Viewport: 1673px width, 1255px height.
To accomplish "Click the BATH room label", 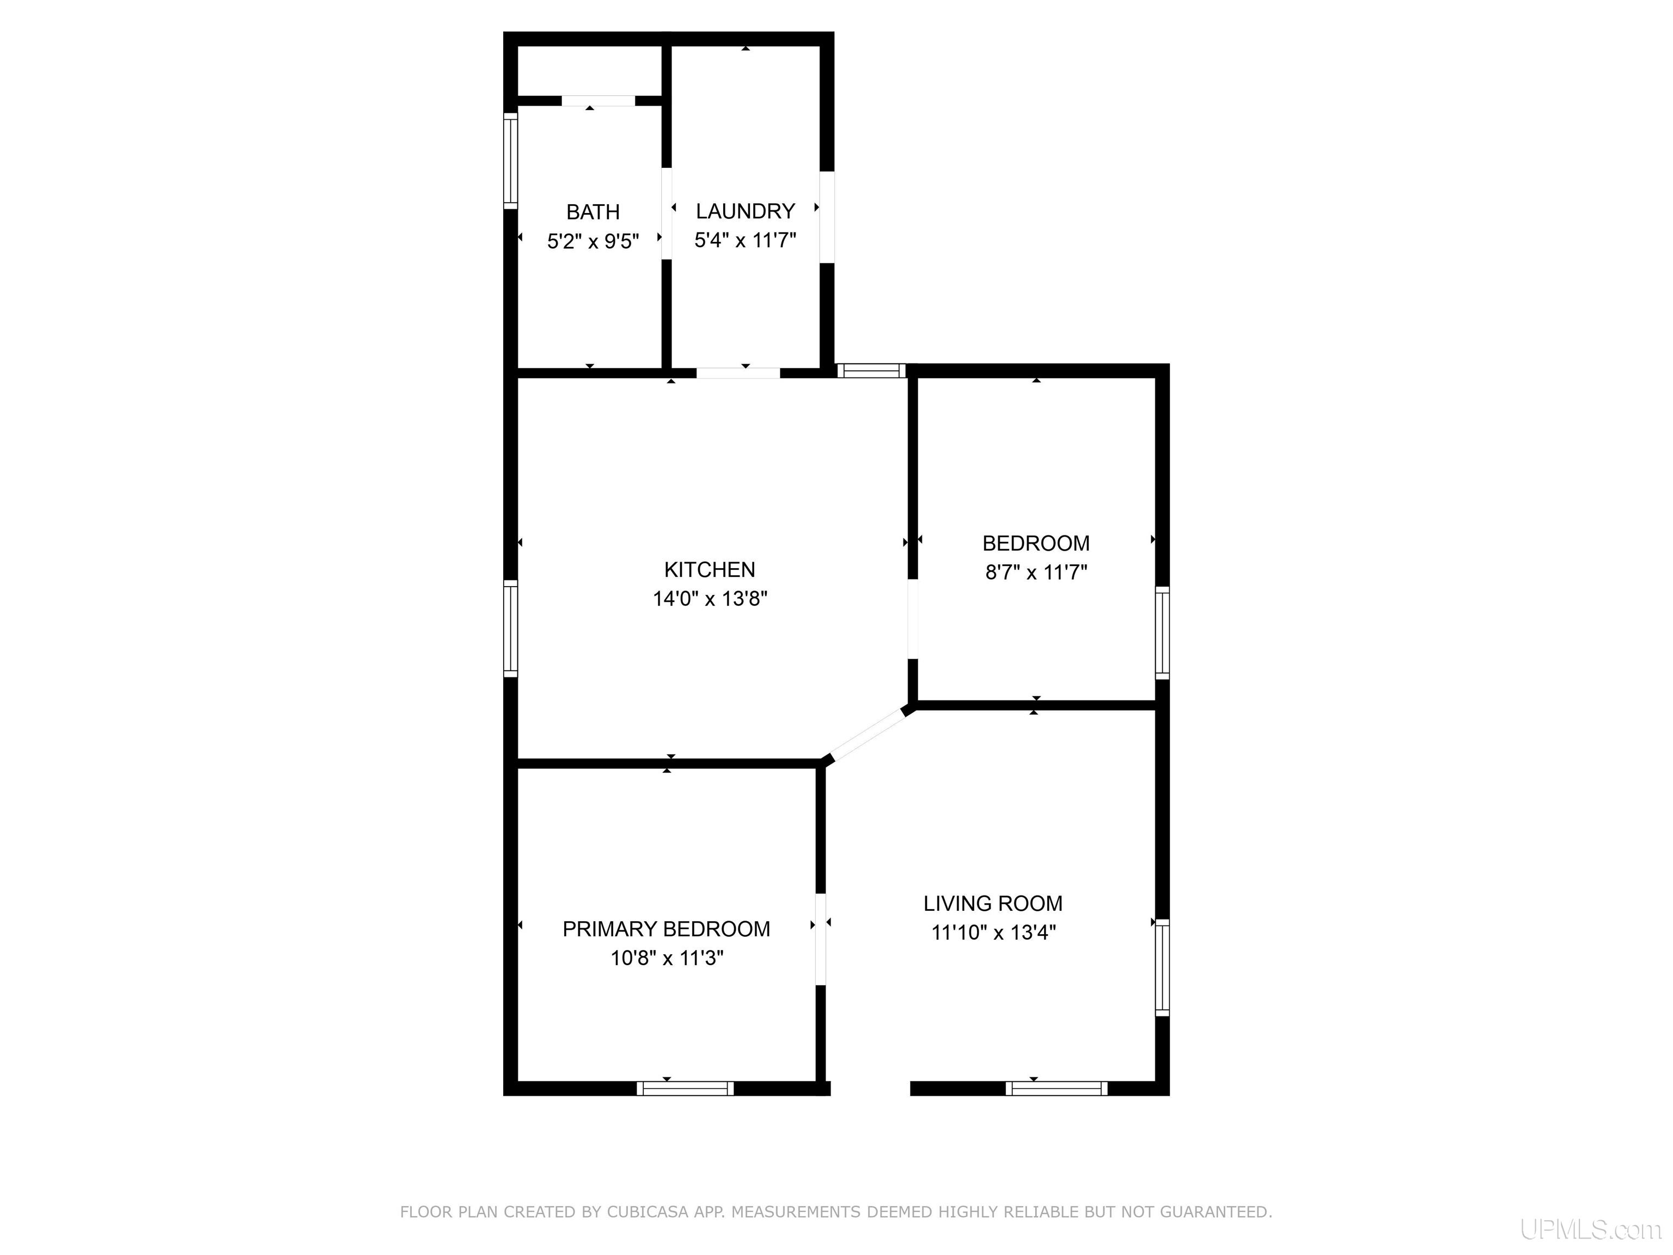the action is coord(593,212).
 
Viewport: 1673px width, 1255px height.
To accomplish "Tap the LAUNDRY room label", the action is coord(745,211).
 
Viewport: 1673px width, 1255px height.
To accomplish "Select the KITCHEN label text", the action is coord(710,570).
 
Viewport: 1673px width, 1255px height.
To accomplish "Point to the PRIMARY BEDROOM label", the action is coord(667,929).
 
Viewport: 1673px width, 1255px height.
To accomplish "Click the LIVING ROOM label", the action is coord(993,903).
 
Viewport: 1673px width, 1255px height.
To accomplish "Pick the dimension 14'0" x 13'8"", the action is coord(710,599).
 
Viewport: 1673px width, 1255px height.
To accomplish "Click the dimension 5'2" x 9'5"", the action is coord(593,241).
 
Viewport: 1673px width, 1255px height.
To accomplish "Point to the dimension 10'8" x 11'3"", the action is coord(667,959).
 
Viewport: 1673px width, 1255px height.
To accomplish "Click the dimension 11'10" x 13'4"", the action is coord(993,933).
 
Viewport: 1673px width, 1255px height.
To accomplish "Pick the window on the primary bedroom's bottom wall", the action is coord(685,1088).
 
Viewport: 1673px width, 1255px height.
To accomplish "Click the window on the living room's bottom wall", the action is coord(1057,1088).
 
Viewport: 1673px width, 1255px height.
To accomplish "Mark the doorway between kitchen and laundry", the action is coord(738,373).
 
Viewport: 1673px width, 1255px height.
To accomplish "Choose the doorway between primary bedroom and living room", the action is coord(821,940).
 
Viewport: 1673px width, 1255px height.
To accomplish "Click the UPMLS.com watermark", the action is coord(1591,1230).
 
